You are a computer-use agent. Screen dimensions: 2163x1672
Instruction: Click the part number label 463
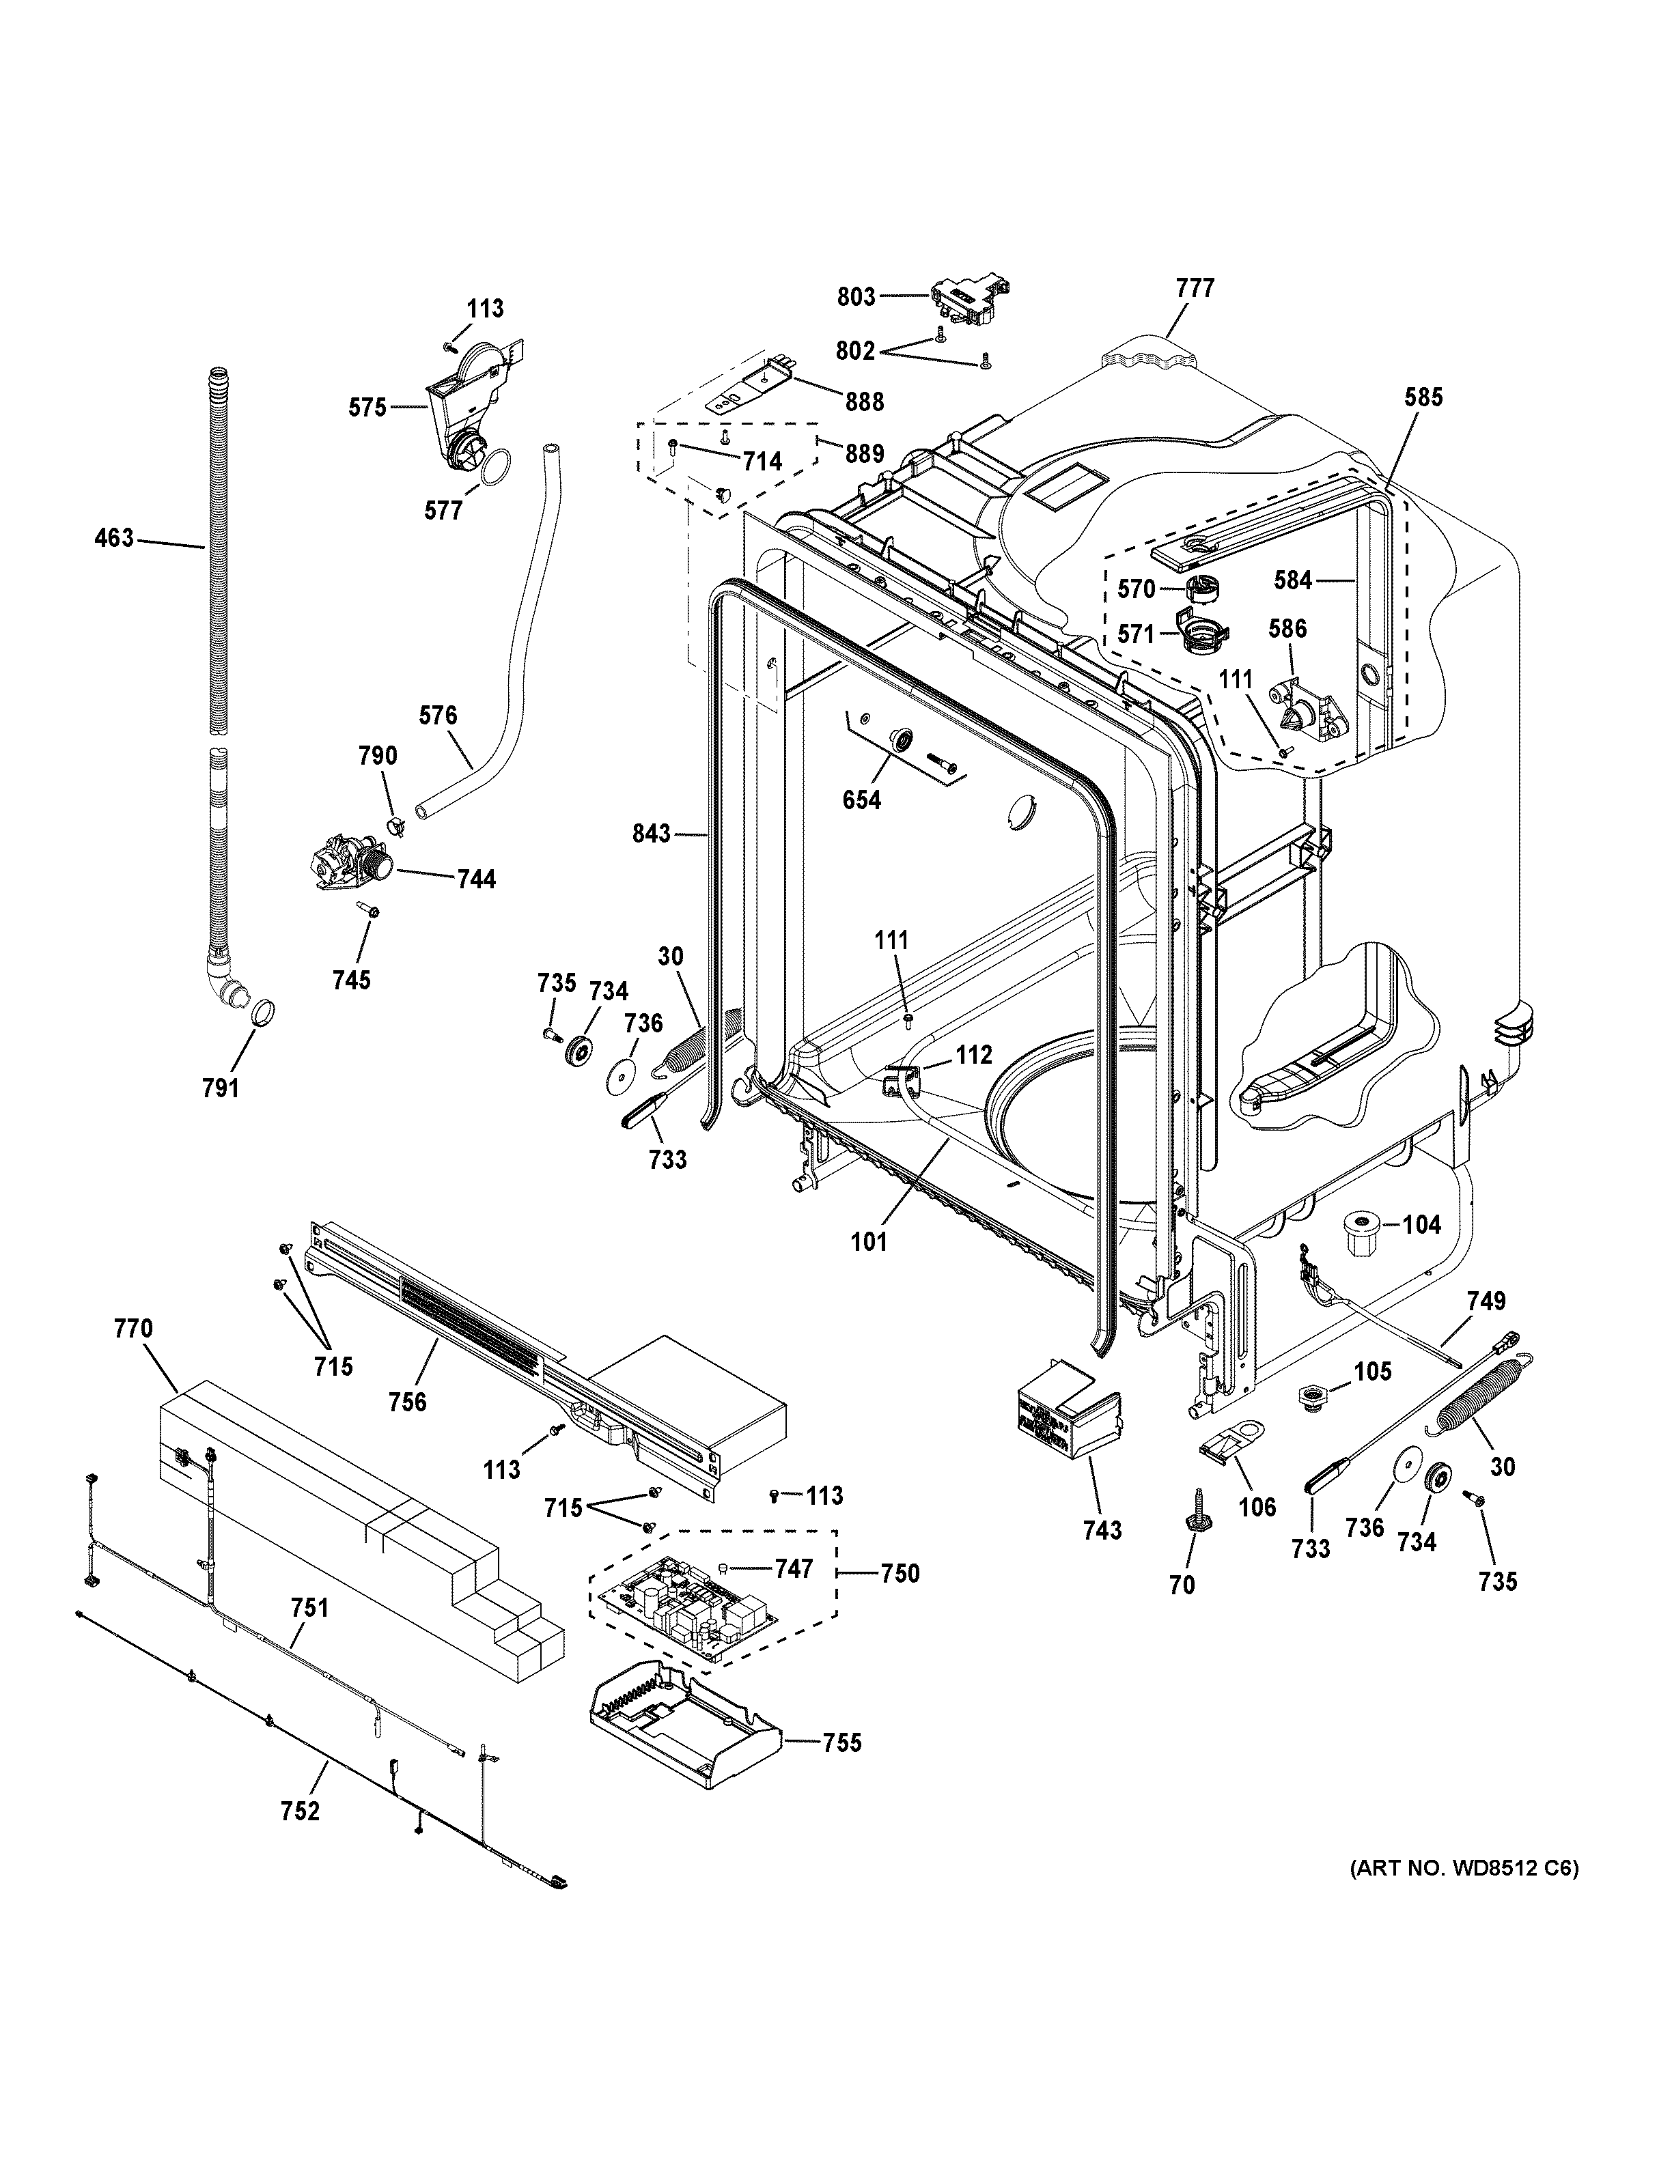[113, 539]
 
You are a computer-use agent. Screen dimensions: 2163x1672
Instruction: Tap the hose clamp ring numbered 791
[262, 1013]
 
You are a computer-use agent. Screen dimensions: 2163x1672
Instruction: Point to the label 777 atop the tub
[1195, 288]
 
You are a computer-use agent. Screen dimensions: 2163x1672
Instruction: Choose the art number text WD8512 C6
[1465, 1869]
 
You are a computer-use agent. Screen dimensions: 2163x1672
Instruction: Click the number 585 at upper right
[1423, 397]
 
